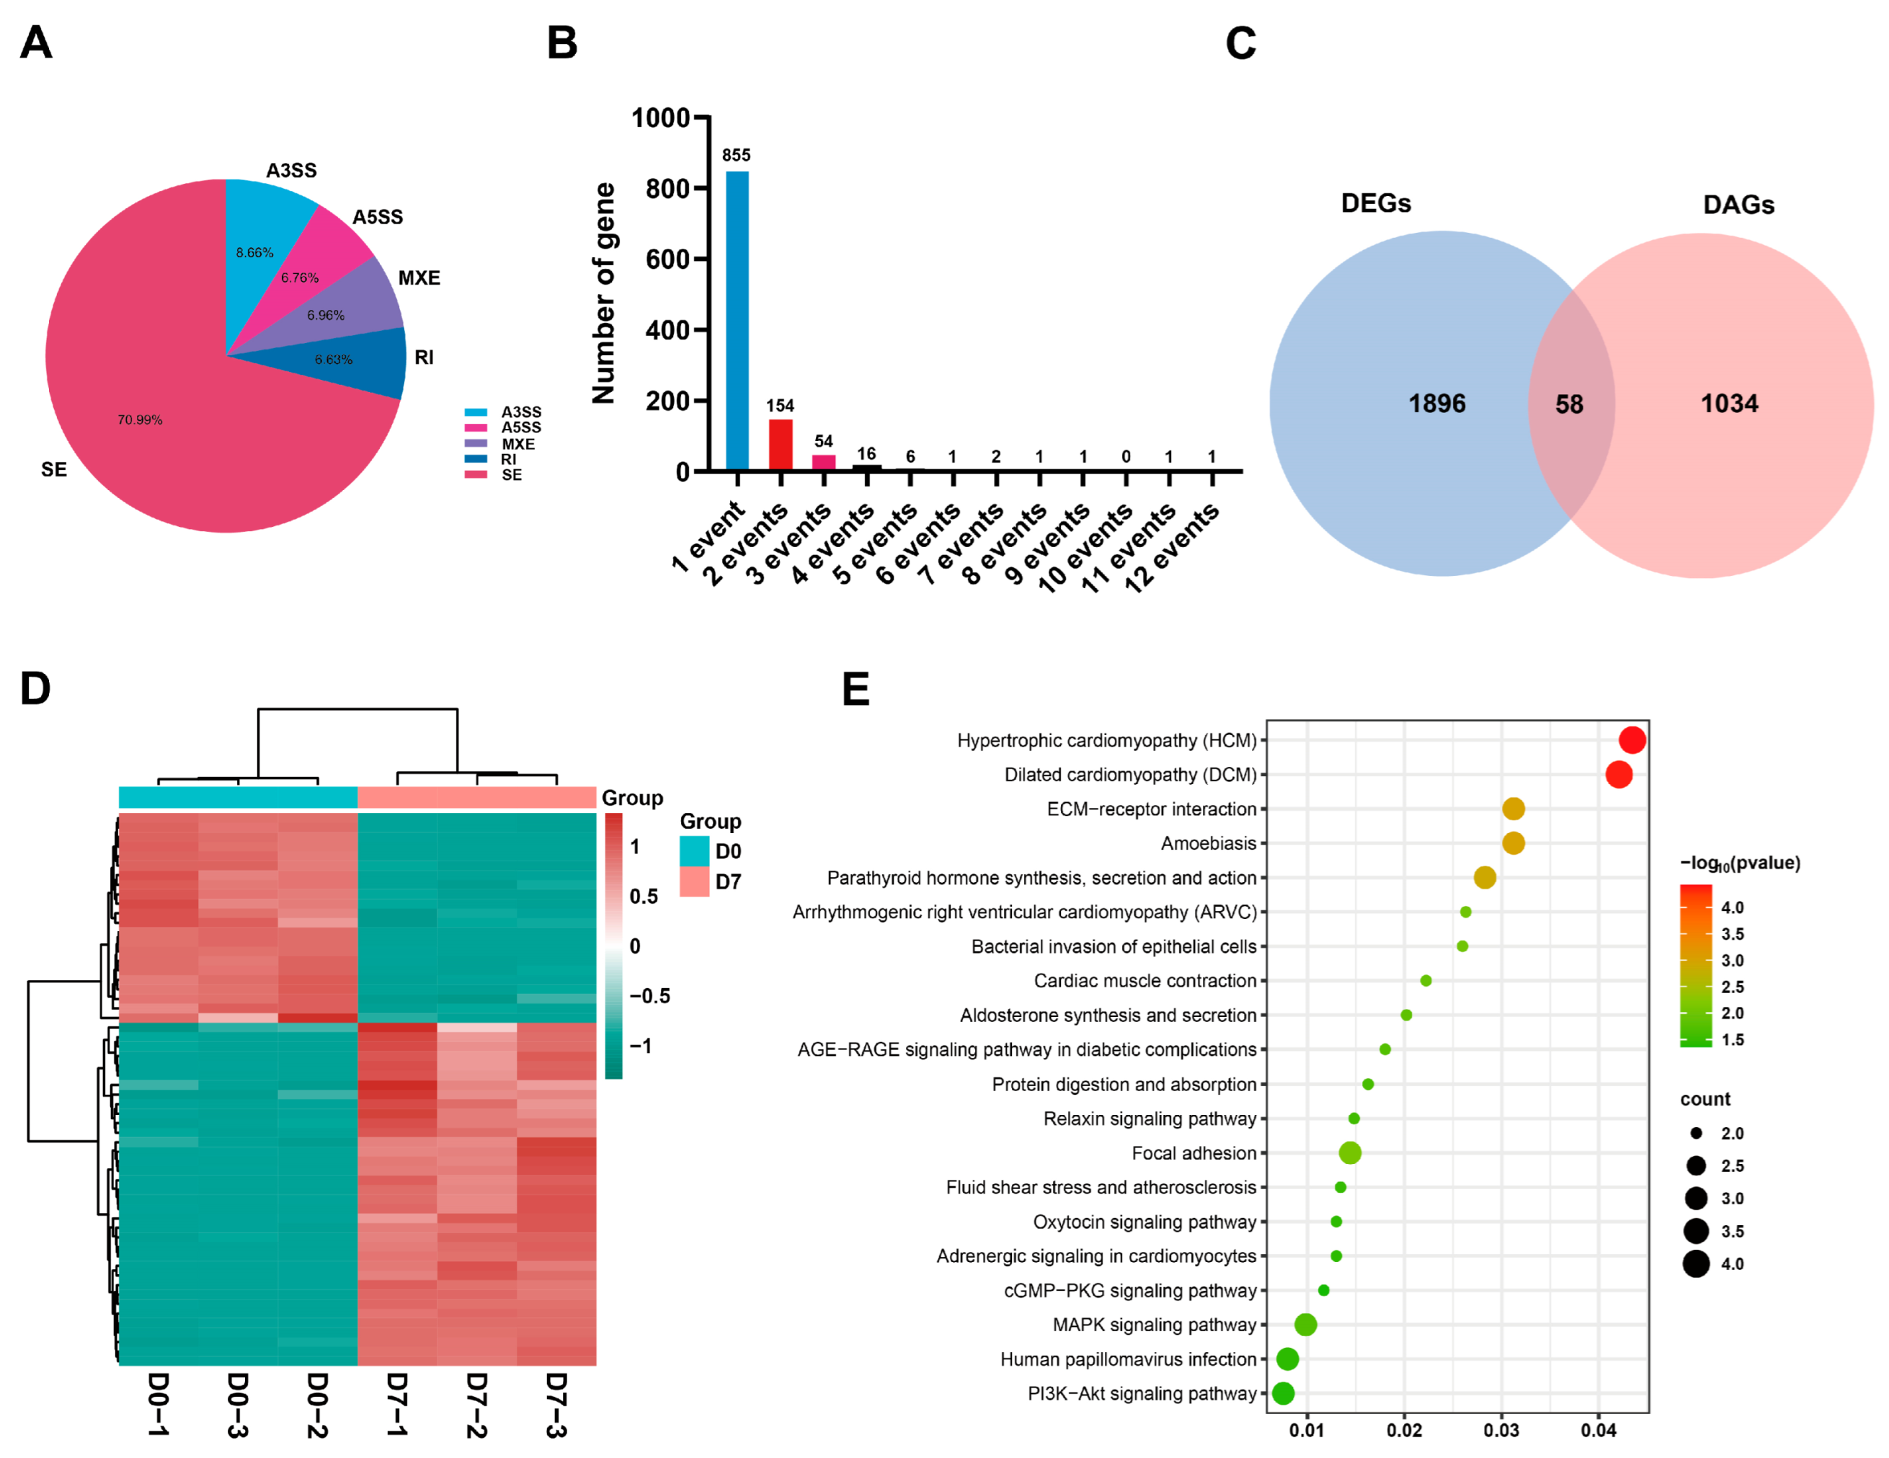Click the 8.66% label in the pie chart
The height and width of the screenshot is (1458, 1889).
254,252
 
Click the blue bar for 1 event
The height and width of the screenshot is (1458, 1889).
737,320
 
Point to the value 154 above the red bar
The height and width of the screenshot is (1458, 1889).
779,406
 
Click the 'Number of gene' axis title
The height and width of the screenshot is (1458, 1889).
604,293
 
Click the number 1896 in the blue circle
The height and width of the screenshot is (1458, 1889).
1436,403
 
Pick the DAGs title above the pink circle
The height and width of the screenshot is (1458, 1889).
1738,205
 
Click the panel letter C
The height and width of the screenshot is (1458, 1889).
1240,43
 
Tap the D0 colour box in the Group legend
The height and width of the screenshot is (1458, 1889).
693,851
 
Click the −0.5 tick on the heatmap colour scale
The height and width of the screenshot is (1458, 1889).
649,995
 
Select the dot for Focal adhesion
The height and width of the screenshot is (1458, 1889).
1349,1152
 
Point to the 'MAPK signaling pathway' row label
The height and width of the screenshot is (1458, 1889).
1154,1325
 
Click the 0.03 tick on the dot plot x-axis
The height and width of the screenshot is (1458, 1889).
1501,1431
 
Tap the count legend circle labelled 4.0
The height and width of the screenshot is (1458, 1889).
1695,1264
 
